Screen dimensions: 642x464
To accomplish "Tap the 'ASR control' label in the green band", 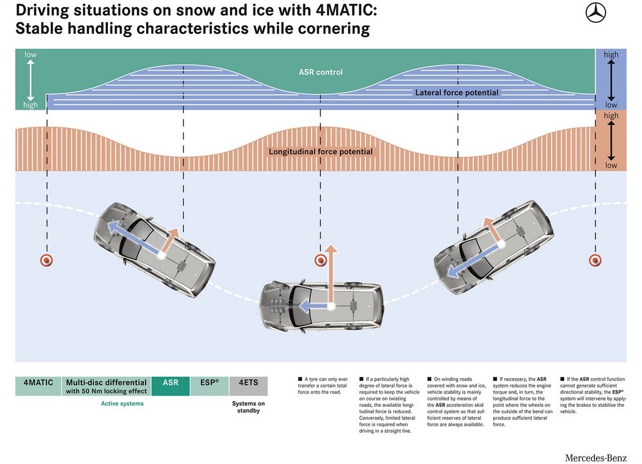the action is click(320, 72).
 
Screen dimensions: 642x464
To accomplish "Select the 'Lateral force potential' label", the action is click(456, 93).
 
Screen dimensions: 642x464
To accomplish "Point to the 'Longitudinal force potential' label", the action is click(320, 152).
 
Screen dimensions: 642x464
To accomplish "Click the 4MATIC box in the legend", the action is click(38, 386).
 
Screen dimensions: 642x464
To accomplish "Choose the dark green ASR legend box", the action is click(171, 386).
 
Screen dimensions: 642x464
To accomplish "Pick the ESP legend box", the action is click(209, 386).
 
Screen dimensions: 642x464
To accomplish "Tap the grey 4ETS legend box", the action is click(248, 386).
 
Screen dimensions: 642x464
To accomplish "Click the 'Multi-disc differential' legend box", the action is click(106, 386).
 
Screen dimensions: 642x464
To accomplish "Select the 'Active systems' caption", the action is click(122, 403).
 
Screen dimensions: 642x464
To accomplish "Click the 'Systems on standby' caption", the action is click(248, 407).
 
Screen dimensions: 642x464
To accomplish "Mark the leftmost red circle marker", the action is click(46, 260).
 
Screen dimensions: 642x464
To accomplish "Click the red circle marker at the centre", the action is click(320, 260).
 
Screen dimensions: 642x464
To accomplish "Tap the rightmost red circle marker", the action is click(595, 260).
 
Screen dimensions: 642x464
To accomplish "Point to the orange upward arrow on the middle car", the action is click(331, 275).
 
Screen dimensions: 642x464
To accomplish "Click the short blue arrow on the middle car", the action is click(315, 305).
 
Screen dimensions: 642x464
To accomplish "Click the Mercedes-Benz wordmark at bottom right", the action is click(596, 458).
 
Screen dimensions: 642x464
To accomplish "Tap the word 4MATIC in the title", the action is click(346, 10).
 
